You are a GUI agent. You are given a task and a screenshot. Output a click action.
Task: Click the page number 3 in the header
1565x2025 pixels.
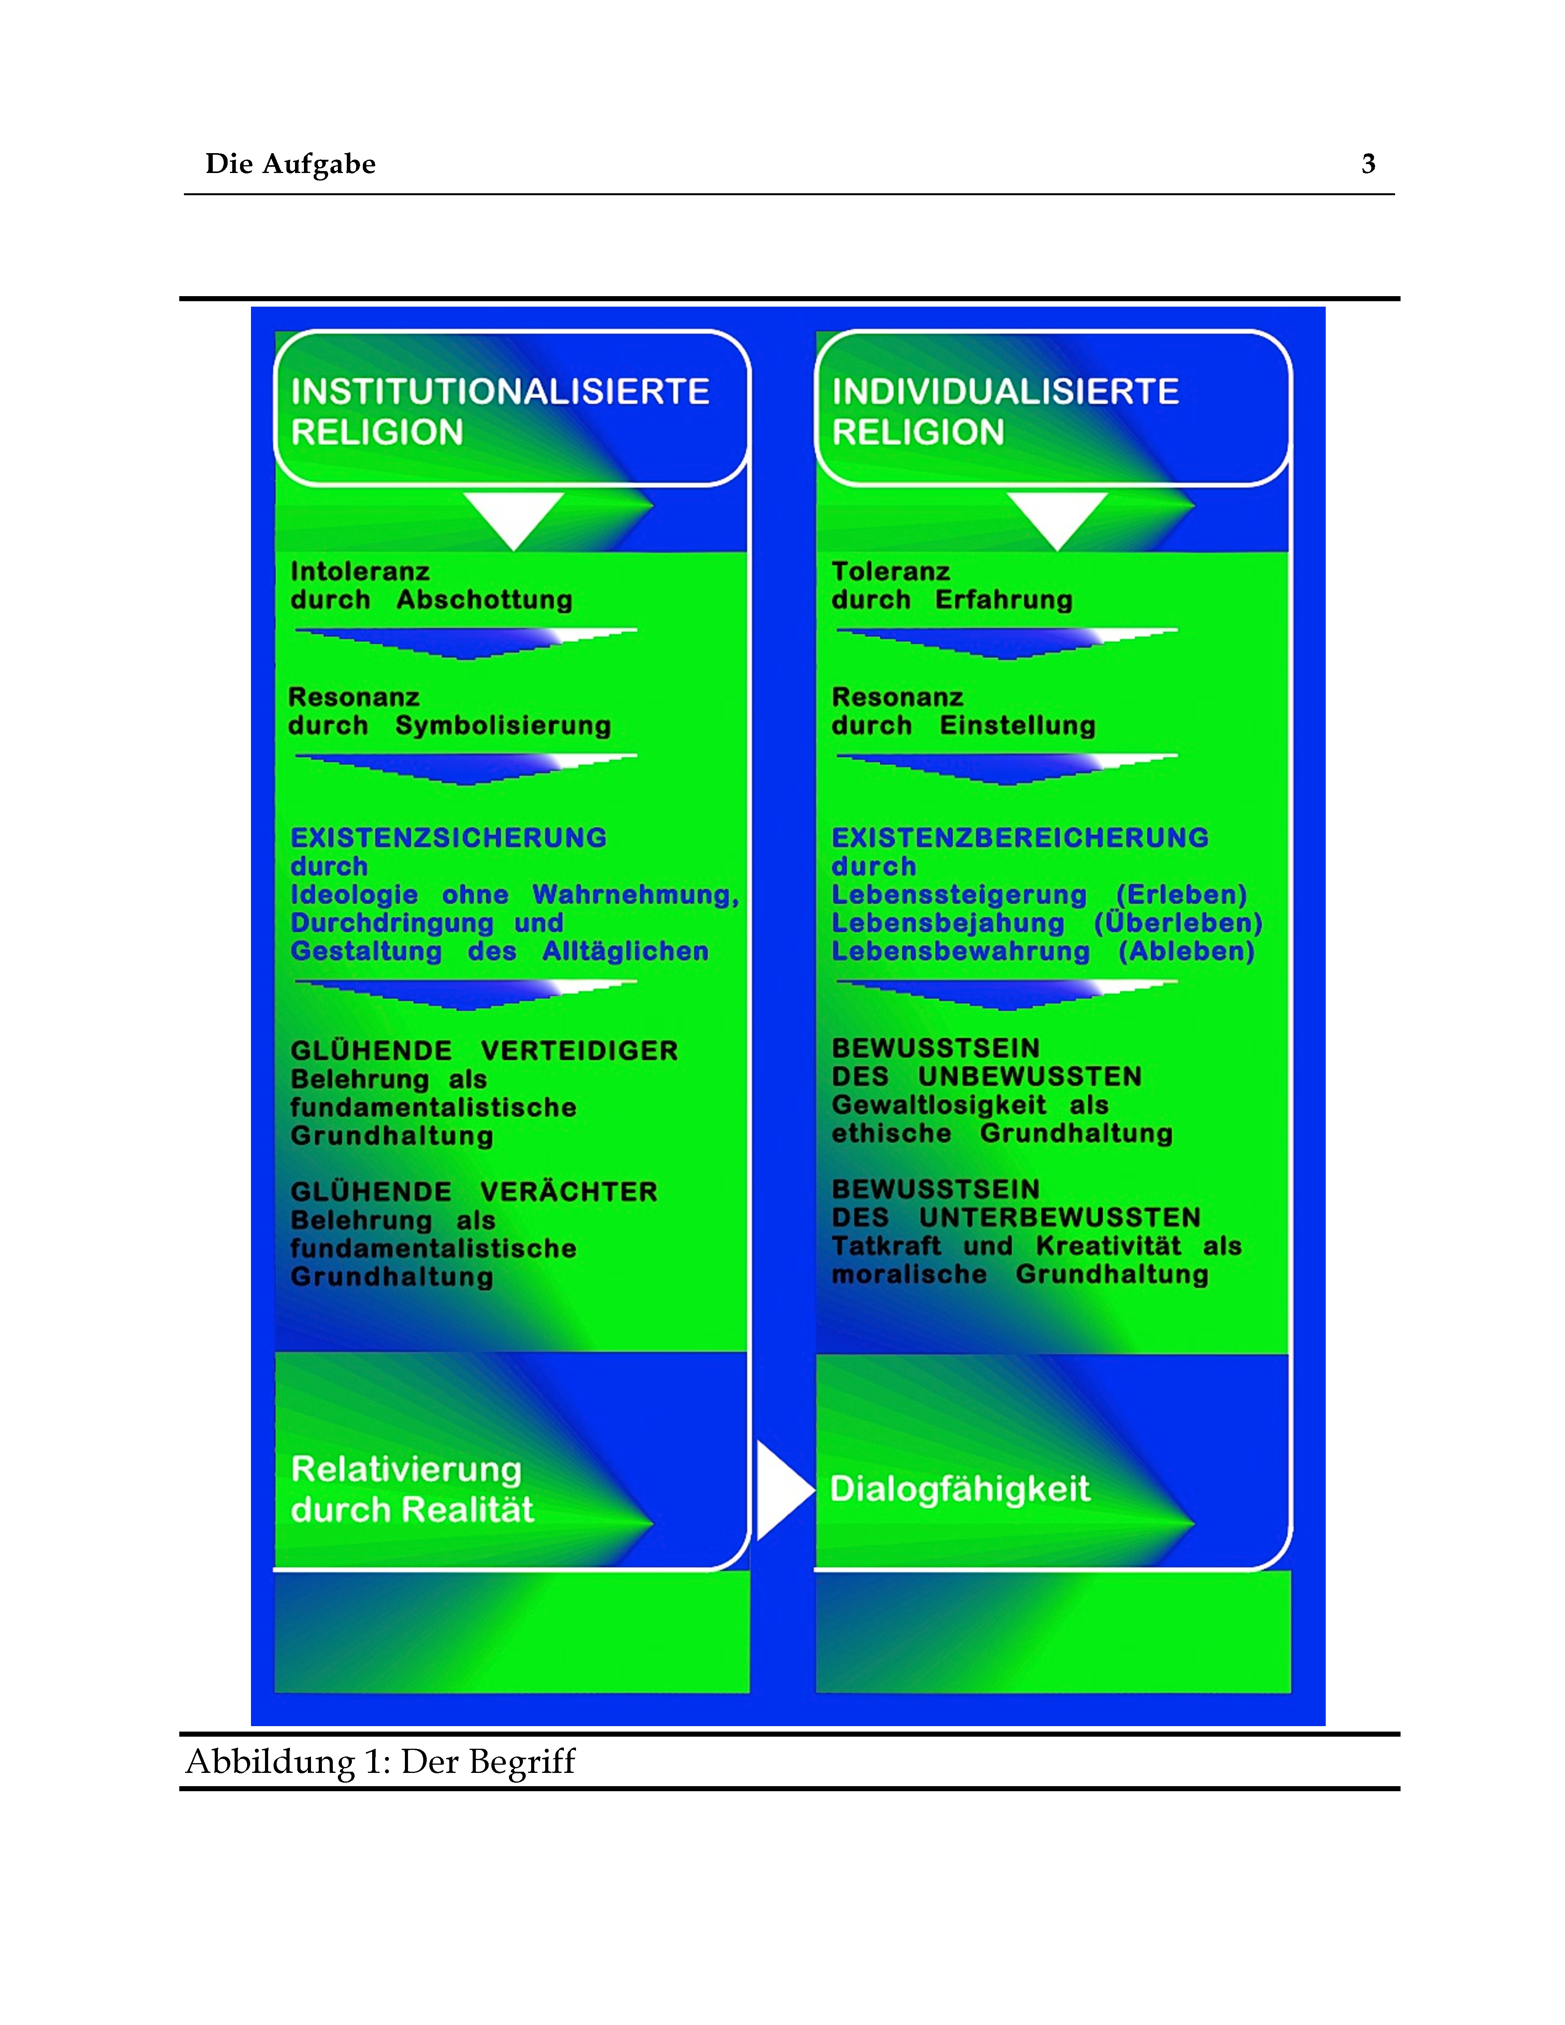click(1367, 164)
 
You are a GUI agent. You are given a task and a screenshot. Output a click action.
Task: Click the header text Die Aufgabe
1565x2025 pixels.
click(290, 164)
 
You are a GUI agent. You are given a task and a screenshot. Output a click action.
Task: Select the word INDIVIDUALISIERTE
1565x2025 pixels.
click(1005, 391)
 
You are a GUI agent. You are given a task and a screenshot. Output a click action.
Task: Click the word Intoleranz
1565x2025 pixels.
click(360, 571)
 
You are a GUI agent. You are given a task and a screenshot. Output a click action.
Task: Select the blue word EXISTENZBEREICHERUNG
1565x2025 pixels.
click(1020, 837)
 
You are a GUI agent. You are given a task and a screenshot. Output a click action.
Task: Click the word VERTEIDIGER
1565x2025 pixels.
click(579, 1050)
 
